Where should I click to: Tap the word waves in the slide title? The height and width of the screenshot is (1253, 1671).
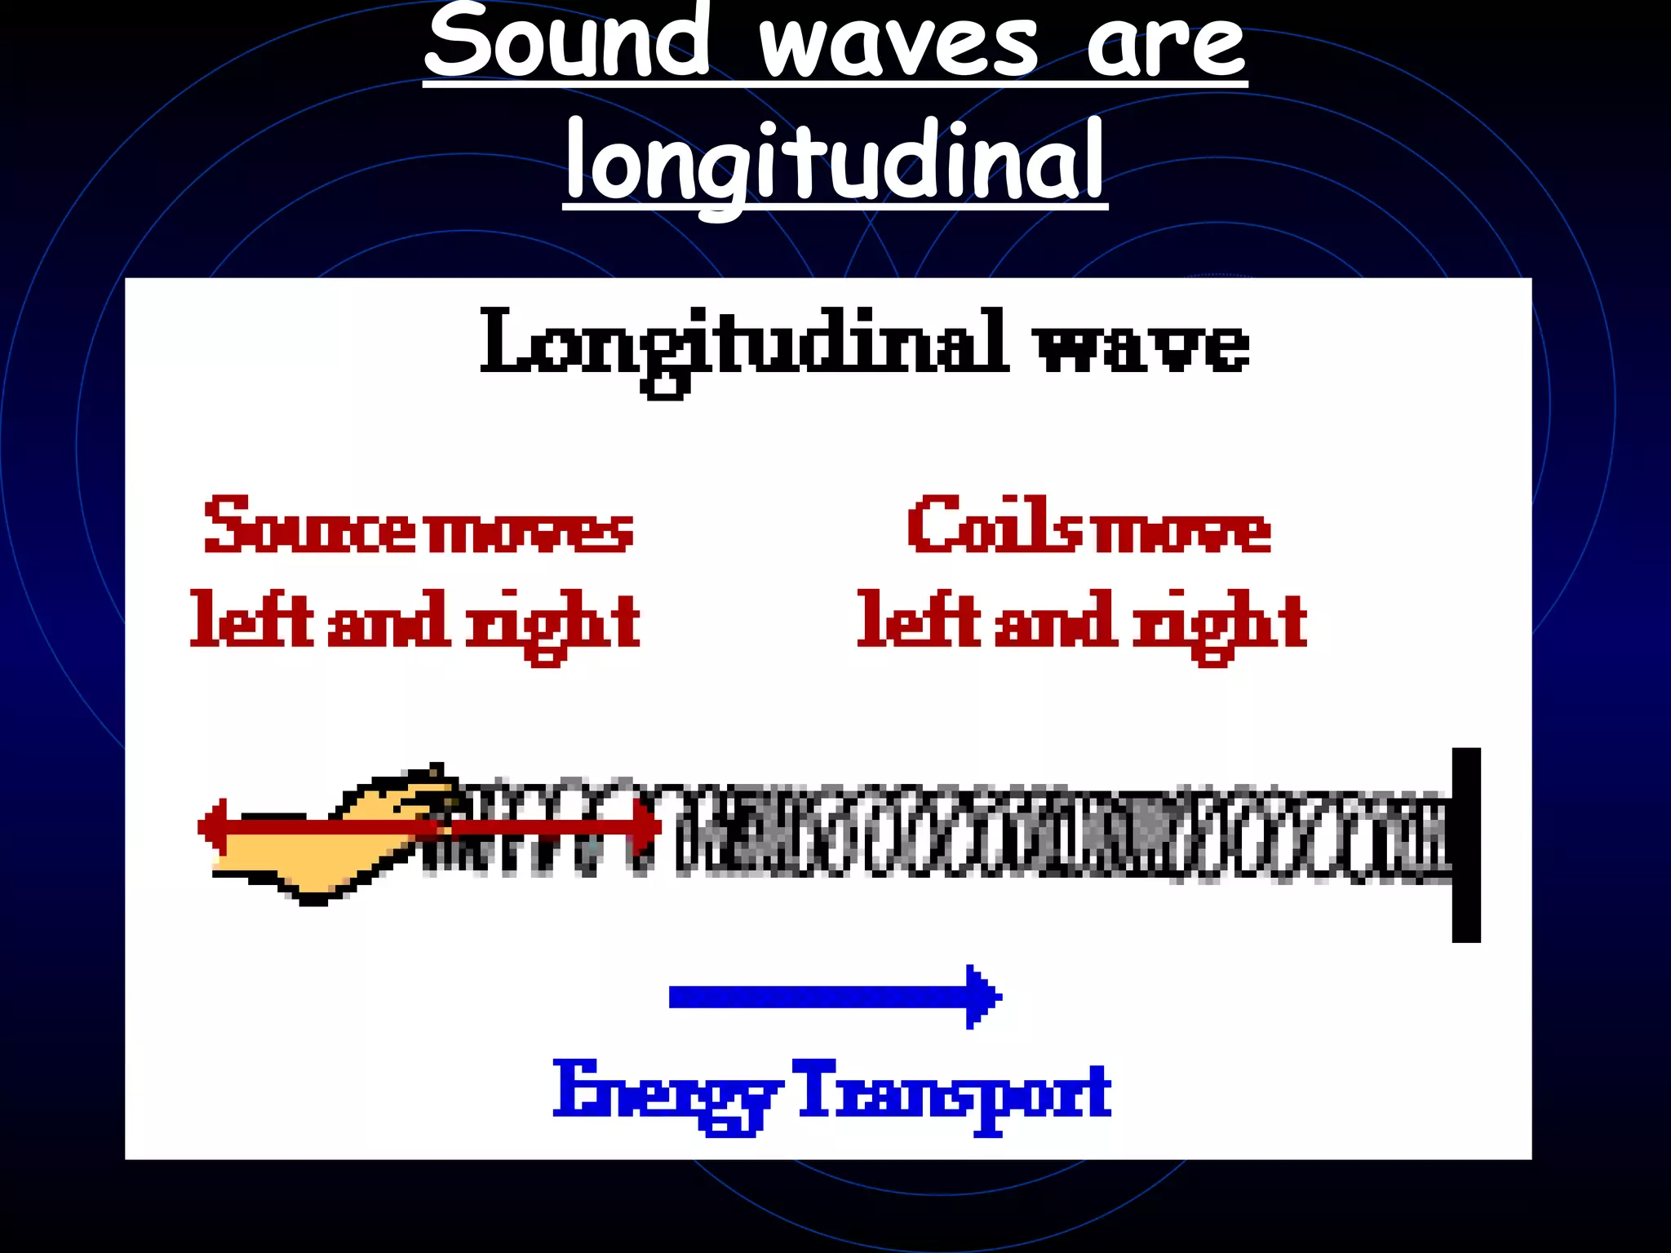pyautogui.click(x=898, y=45)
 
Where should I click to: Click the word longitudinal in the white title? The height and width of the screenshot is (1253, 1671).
pyautogui.click(x=835, y=163)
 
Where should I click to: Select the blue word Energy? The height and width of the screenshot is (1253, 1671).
pyautogui.click(x=665, y=1093)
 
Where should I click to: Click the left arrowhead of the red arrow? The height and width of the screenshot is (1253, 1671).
pyautogui.click(x=212, y=827)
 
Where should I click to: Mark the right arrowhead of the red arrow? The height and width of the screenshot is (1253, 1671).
pyautogui.click(x=649, y=827)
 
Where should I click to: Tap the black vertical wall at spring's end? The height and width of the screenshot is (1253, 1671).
pyautogui.click(x=1466, y=844)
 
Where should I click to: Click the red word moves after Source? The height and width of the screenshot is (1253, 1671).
pyautogui.click(x=530, y=530)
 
